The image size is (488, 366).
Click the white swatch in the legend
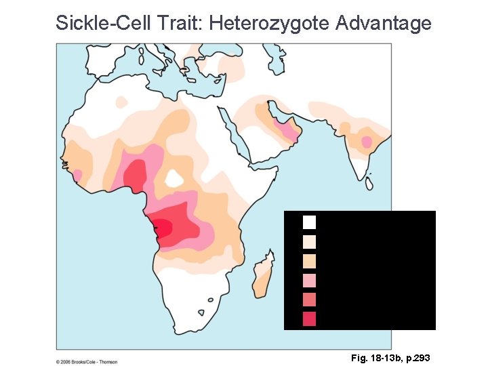[x=309, y=222]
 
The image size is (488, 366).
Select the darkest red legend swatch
[x=309, y=319]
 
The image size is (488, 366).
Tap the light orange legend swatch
[x=309, y=260]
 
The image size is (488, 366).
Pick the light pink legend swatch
[x=309, y=280]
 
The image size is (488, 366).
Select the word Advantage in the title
[x=384, y=23]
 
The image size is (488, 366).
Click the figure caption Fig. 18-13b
[x=370, y=357]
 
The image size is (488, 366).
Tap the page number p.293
[x=415, y=357]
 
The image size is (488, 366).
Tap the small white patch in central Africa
[x=174, y=178]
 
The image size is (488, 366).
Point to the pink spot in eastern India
[x=368, y=142]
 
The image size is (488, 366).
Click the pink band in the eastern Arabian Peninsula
[x=291, y=130]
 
